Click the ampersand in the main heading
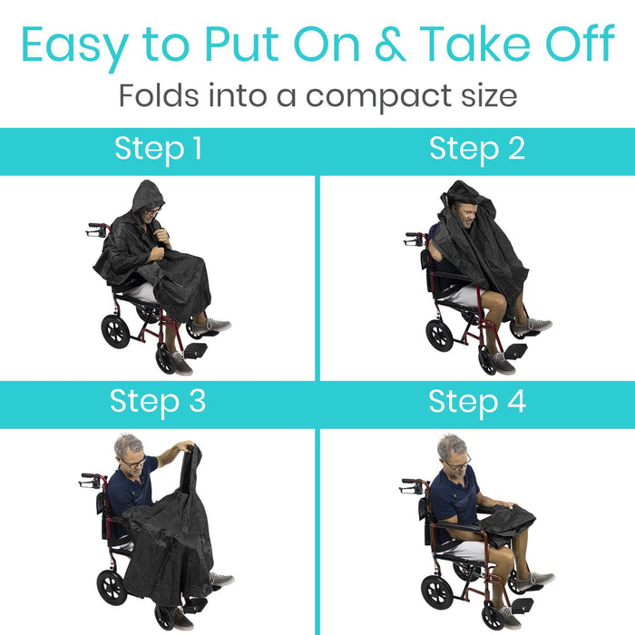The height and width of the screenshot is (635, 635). [391, 44]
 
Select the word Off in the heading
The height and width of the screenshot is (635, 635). [580, 43]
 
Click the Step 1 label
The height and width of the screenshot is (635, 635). [159, 150]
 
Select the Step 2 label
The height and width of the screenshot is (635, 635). [477, 150]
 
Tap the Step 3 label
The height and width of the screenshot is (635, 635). [158, 402]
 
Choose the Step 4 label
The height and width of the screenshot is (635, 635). [477, 402]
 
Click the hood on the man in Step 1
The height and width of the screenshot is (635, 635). [147, 196]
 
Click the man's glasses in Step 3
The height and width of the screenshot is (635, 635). [134, 463]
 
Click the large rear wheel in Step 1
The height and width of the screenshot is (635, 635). [115, 332]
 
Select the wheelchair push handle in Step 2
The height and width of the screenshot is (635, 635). [413, 239]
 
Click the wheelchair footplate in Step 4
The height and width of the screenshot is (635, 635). [523, 605]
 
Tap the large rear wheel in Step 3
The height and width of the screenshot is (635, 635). [112, 588]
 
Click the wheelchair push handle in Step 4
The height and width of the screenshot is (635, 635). [411, 485]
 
